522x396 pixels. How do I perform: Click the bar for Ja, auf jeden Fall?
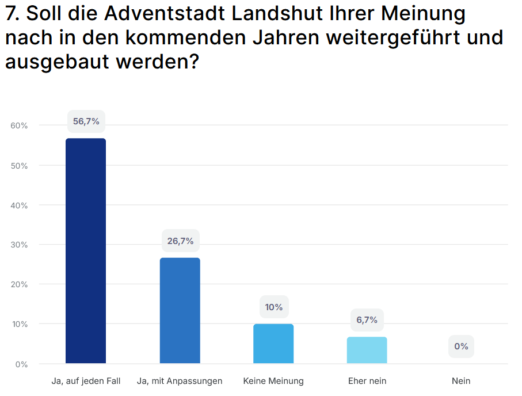point(86,251)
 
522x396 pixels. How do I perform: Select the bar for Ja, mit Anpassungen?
point(180,311)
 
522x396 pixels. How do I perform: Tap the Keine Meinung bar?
point(273,344)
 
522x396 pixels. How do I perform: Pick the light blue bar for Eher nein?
point(367,350)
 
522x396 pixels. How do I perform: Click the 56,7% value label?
point(86,121)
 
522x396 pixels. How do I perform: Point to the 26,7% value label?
point(180,241)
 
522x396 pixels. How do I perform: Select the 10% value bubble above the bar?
point(274,307)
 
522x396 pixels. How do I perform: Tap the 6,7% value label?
point(367,320)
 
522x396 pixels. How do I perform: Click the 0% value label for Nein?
point(461,346)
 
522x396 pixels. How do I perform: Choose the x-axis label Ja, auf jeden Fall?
point(86,381)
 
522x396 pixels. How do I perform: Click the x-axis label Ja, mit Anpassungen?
point(180,381)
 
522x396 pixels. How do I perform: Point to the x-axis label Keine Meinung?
point(273,381)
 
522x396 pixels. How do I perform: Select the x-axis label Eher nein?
point(367,381)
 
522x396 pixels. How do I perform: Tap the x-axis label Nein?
point(461,381)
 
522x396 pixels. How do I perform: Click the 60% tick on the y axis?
point(19,125)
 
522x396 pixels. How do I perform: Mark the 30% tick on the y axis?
point(19,245)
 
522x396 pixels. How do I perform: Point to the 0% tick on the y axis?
point(21,364)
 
